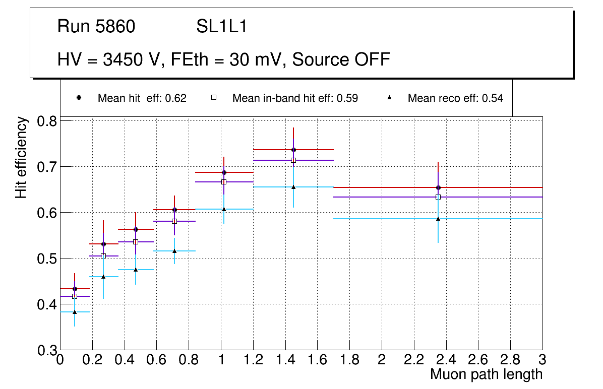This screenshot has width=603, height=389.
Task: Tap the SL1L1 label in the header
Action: click(221, 27)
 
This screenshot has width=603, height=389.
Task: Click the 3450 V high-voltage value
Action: click(133, 59)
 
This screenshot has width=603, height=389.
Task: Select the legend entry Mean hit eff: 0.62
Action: click(142, 98)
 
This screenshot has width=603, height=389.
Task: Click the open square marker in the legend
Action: click(214, 98)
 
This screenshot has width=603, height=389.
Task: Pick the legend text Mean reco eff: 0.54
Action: click(455, 98)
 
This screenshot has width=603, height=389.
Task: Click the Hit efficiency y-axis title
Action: click(21, 157)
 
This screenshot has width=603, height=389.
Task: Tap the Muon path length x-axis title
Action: click(486, 374)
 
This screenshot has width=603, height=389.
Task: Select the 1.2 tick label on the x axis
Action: click(253, 360)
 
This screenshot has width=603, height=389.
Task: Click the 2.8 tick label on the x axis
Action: click(510, 360)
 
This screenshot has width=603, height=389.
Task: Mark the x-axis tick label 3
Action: click(542, 360)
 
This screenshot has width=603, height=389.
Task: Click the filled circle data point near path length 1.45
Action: click(293, 150)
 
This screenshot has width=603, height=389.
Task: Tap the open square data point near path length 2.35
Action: click(438, 197)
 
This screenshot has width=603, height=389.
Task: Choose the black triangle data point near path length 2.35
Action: click(438, 219)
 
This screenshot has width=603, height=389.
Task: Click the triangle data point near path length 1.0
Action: click(224, 209)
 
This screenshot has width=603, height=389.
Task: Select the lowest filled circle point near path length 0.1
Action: click(75, 289)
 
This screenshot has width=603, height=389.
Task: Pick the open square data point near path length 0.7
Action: click(174, 221)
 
